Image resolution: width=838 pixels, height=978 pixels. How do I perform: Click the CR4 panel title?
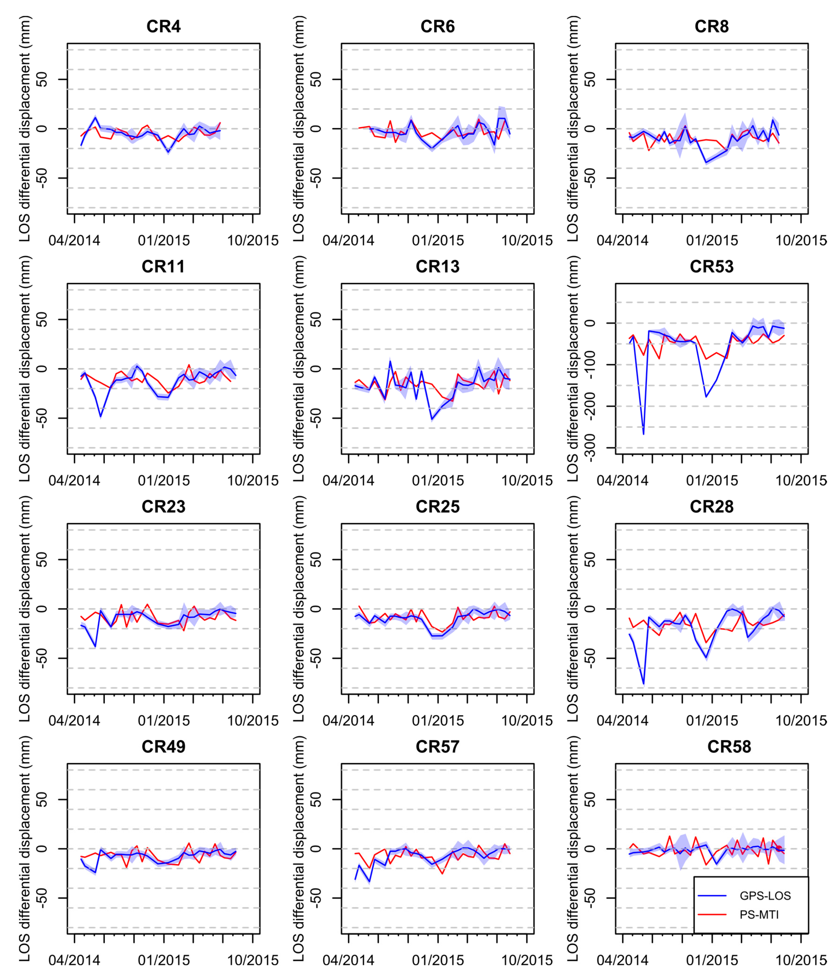tap(163, 26)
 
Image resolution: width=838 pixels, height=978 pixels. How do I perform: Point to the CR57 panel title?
tap(437, 747)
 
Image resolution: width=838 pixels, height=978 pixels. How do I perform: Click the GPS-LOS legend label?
tap(765, 896)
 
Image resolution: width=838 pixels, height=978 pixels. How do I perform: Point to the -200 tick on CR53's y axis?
tap(590, 406)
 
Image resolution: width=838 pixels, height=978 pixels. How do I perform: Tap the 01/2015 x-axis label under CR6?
tap(437, 241)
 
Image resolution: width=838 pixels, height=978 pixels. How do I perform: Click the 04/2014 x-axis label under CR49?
tap(74, 960)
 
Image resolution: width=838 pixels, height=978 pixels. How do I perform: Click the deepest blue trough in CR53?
tap(643, 434)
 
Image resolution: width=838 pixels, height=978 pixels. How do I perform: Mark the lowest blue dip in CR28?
tap(643, 684)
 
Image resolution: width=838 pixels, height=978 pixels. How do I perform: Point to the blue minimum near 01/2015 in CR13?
tap(431, 419)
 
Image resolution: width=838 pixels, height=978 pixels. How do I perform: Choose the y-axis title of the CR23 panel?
tap(24, 609)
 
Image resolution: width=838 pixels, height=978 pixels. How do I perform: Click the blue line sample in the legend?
tap(712, 896)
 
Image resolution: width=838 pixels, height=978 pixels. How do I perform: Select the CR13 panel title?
tap(437, 267)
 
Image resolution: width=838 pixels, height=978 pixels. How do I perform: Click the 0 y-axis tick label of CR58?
tap(590, 849)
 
